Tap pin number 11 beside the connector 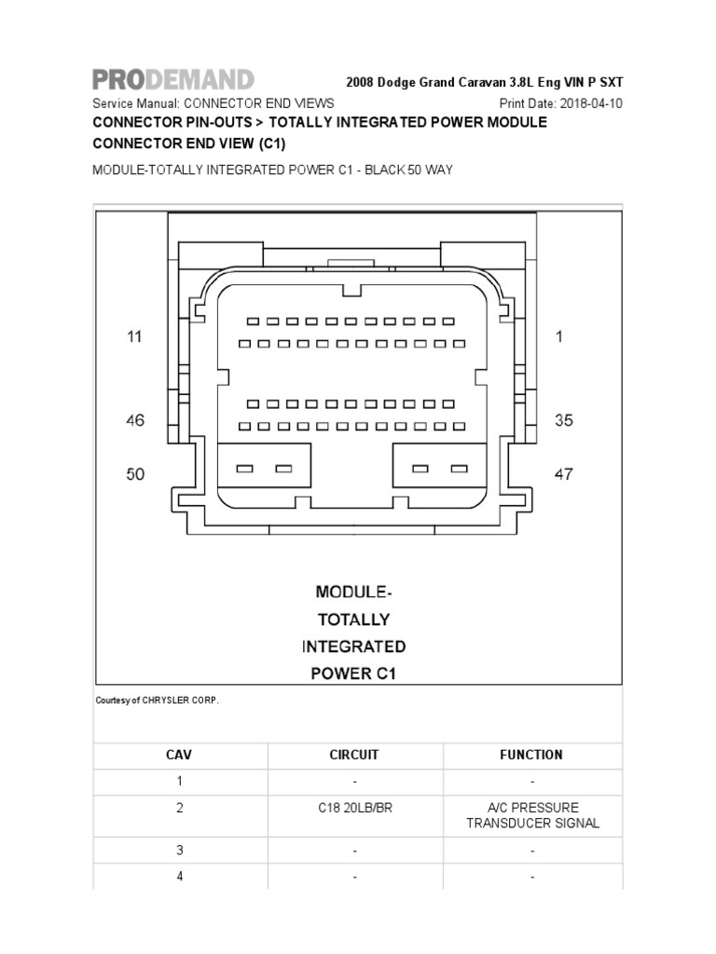tap(135, 337)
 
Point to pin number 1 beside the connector tap(559, 337)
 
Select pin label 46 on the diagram tap(135, 420)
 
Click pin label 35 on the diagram tap(564, 420)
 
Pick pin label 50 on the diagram tap(135, 474)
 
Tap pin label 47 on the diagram tap(564, 474)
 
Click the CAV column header tap(179, 755)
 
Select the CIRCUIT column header tap(354, 755)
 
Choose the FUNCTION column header tap(531, 755)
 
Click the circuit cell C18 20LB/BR tap(354, 808)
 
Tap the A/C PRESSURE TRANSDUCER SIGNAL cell tap(532, 815)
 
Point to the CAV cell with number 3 tap(179, 851)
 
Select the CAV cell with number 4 tap(179, 877)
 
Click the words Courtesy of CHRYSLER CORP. tap(158, 701)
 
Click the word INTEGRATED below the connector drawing tap(353, 647)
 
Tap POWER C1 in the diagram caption tap(353, 674)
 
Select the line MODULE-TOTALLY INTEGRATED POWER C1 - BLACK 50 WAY tap(272, 171)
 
